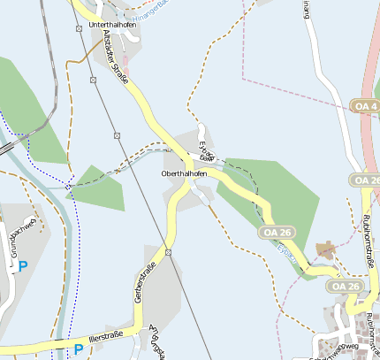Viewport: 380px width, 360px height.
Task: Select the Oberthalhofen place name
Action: tap(185, 173)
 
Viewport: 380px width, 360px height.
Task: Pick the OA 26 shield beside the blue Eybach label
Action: tap(276, 232)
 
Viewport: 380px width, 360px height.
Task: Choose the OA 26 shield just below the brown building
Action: tap(343, 286)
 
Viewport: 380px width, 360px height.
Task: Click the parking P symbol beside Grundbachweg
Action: tap(23, 265)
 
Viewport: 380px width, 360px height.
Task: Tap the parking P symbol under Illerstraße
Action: tap(79, 349)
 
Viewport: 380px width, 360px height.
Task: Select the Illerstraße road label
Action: tap(105, 336)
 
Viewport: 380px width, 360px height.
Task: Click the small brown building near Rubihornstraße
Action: tap(326, 250)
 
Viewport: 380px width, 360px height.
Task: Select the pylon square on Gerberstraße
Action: tap(168, 253)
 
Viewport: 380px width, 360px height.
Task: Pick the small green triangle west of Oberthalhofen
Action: tap(96, 188)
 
